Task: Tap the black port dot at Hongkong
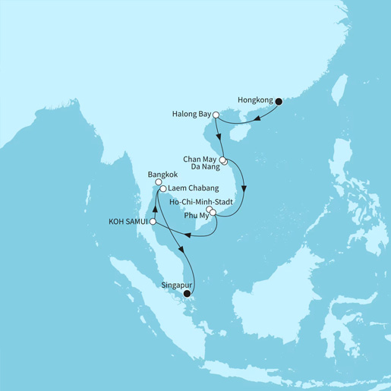[x=279, y=100]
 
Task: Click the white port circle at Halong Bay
[x=216, y=115]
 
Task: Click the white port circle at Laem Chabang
[x=162, y=188]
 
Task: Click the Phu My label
[x=193, y=215]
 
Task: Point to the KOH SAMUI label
[x=129, y=222]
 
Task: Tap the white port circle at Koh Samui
[x=153, y=222]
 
